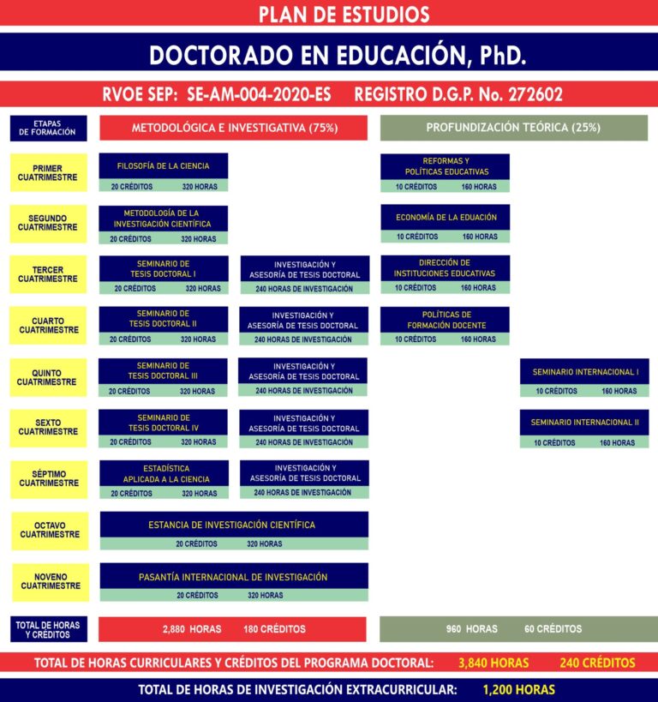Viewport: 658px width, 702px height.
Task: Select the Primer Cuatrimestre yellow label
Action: tap(48, 173)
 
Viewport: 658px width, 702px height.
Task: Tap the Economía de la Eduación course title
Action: tap(446, 218)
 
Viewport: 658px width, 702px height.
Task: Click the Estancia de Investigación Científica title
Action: tap(232, 525)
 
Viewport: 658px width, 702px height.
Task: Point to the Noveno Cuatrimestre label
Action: tap(51, 582)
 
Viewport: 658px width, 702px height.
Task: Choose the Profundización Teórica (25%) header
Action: tap(514, 128)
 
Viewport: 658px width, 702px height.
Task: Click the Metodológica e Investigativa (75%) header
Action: tap(234, 128)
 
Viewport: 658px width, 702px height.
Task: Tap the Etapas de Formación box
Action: tap(48, 128)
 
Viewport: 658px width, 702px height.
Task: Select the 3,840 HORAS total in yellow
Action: tap(493, 663)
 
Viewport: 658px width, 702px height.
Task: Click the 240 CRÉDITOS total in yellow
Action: tap(597, 663)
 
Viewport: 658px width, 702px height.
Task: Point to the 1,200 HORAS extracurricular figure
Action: tap(519, 689)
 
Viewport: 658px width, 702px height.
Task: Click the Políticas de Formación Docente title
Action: tap(446, 320)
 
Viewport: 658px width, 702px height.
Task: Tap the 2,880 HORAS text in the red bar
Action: tap(192, 629)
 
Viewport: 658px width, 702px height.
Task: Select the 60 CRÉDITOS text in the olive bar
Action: tap(553, 629)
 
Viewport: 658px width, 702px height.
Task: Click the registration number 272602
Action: tap(535, 94)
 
